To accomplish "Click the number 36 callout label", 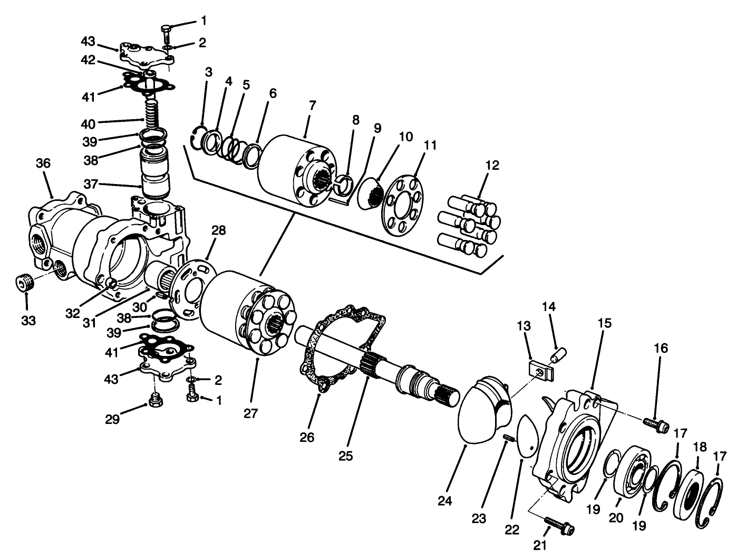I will click(43, 163).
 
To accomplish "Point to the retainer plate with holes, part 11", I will click(402, 204).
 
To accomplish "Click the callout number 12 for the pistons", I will click(492, 166).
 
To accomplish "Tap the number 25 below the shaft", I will click(346, 455).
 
